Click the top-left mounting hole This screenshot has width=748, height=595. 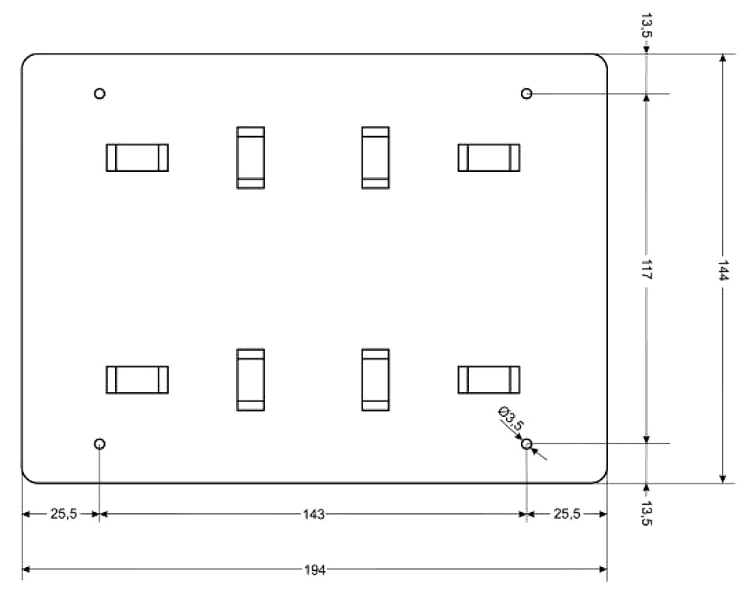point(100,94)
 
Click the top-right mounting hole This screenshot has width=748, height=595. point(526,94)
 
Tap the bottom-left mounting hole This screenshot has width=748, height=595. point(100,444)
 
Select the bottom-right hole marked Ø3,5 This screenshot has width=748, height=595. point(526,444)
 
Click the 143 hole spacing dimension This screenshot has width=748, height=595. point(314,514)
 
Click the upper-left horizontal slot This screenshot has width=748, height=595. point(137,157)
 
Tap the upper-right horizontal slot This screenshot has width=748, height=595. point(488,157)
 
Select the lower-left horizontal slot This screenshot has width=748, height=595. point(137,380)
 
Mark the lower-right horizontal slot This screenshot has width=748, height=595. point(488,380)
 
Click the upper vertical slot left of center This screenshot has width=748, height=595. point(250,157)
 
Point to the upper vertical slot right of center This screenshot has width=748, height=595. point(376,157)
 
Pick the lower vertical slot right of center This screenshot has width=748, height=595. point(376,380)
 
